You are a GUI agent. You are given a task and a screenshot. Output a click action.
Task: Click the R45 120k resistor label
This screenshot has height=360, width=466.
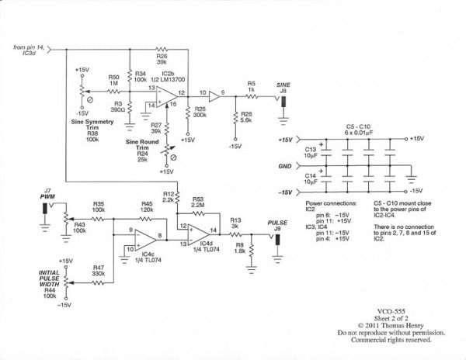click(x=145, y=207)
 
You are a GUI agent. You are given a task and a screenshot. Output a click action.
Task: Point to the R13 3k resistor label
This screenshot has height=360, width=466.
click(x=234, y=222)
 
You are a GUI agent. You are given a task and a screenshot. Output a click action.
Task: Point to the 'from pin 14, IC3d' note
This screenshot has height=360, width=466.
click(x=29, y=50)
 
